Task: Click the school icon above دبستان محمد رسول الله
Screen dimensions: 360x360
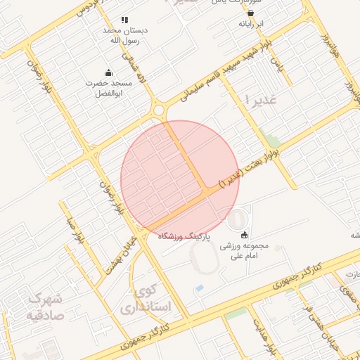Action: pos(124,20)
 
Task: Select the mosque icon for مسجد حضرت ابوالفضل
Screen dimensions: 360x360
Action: pos(108,72)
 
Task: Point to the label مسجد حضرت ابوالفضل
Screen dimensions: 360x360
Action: pos(108,88)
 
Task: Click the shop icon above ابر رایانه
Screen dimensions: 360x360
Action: pos(250,12)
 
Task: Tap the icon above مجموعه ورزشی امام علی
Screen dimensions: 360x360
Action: pos(244,234)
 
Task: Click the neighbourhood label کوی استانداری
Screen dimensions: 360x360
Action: pos(146,299)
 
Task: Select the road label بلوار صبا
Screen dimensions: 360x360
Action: pos(75,232)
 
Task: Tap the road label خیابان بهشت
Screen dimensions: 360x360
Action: pos(122,255)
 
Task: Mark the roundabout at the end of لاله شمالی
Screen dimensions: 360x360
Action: pos(160,110)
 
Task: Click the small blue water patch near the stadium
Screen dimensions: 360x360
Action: pos(200,288)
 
